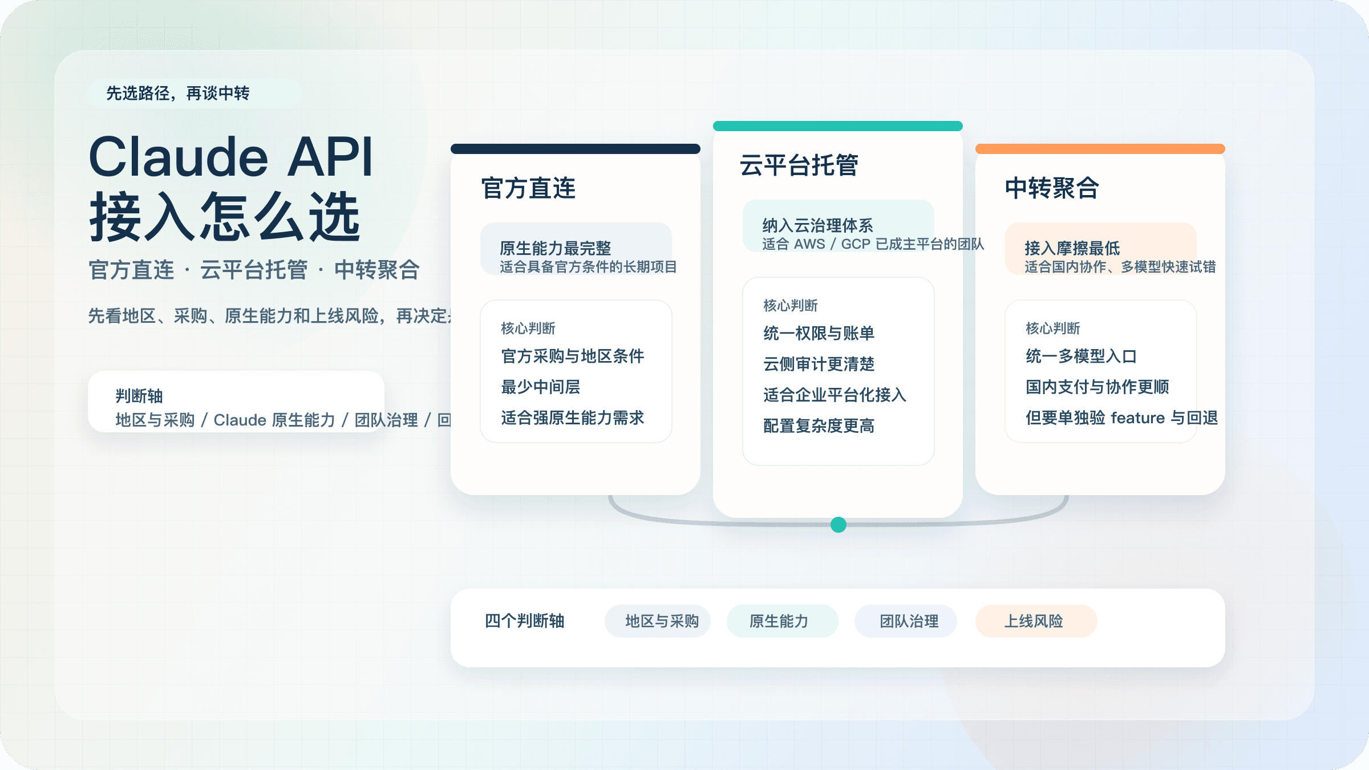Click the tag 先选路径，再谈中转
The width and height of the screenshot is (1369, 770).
(178, 94)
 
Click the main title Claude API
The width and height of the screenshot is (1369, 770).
(230, 157)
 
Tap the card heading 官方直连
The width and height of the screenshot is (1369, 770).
(528, 188)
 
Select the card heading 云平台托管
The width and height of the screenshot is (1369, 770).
(799, 165)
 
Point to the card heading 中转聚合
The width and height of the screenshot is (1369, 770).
(1052, 188)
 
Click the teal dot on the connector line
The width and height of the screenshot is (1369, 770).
(839, 525)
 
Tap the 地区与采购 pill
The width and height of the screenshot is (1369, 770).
(662, 621)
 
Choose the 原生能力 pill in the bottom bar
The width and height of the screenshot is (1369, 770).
(779, 621)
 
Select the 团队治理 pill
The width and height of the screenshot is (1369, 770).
(909, 621)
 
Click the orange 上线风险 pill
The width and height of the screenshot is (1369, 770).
(1034, 621)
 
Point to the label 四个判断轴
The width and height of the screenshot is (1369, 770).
(524, 621)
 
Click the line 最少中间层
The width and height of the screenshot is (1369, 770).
(540, 387)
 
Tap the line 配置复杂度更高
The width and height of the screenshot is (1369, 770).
(819, 426)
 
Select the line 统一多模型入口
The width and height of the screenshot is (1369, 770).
(1081, 356)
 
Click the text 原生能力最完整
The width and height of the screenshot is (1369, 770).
(555, 248)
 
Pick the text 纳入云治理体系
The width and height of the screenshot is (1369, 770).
(817, 225)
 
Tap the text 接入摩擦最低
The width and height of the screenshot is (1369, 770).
(1072, 248)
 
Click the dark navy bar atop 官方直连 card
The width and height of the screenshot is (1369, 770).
(575, 149)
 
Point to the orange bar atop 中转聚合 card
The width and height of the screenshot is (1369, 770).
(1100, 149)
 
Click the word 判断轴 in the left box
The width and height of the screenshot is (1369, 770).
(139, 396)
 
